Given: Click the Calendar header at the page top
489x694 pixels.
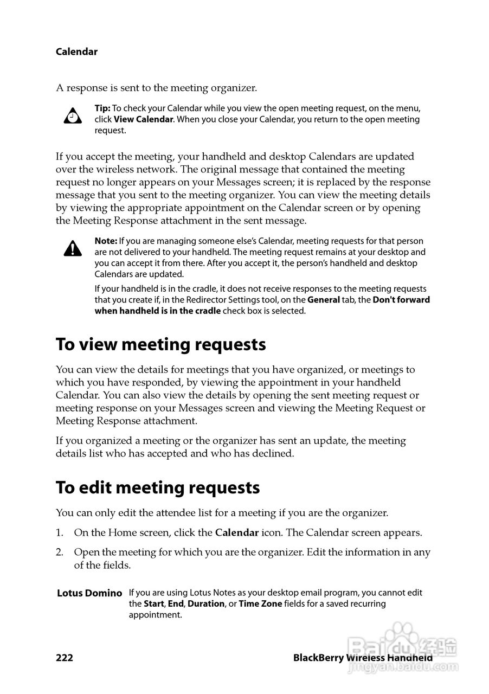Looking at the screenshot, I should [x=76, y=52].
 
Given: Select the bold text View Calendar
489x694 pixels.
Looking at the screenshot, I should [x=143, y=119].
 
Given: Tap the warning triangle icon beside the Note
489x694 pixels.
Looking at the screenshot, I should [x=73, y=249].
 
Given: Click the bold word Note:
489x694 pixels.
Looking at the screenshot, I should [x=106, y=241].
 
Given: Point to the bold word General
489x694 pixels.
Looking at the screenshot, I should [x=324, y=300].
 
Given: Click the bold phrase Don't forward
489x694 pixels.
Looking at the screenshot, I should [x=401, y=300].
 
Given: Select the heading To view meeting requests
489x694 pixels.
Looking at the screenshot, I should [x=160, y=345].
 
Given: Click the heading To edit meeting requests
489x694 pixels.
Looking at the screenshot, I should [x=157, y=488].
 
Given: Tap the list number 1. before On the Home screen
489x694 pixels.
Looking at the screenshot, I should [x=60, y=533].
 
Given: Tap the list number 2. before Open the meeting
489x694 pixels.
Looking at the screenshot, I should [x=60, y=552].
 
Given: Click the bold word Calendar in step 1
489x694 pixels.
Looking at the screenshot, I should [x=237, y=533].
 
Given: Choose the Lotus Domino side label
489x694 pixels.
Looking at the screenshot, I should [x=89, y=593].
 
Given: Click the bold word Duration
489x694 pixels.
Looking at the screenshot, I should [x=206, y=604].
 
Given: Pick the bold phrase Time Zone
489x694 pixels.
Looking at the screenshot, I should [x=260, y=604].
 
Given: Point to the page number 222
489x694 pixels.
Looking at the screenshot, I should [x=64, y=658].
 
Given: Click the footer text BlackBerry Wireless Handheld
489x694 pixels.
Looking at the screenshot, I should [x=363, y=658].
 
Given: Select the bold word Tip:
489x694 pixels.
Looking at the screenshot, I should [x=102, y=108].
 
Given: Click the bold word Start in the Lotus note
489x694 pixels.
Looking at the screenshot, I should [x=153, y=604].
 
